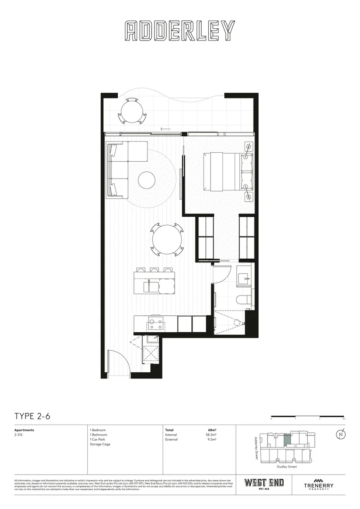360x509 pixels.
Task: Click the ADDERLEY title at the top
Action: click(180, 31)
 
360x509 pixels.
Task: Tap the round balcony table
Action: click(132, 111)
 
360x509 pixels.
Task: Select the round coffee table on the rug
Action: click(147, 179)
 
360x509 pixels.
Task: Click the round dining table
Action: click(167, 240)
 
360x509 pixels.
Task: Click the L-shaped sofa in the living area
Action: click(122, 168)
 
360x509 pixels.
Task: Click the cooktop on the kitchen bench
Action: click(155, 324)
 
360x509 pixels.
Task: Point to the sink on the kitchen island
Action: click(152, 286)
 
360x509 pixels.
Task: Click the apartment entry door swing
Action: click(118, 363)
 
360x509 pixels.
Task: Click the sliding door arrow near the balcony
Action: click(165, 129)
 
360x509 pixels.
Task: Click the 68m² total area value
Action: click(212, 430)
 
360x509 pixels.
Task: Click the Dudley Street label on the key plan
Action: click(286, 467)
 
